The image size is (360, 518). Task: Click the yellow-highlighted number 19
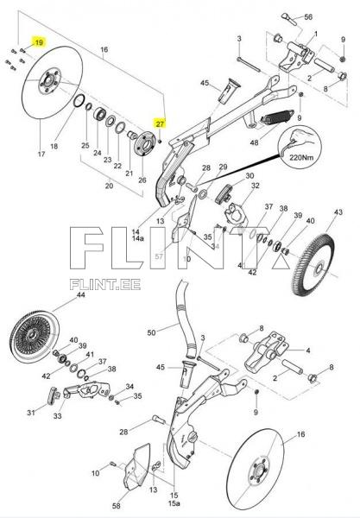coord(38,41)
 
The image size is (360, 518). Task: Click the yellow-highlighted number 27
coord(160,123)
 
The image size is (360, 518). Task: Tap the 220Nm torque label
coord(301,159)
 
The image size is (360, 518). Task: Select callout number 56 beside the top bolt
coord(308,17)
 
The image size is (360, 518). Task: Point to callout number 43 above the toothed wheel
coord(338,212)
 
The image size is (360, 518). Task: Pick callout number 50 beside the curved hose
coord(152,332)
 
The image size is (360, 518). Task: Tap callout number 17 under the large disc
coord(16,155)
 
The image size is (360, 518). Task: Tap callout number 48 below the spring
coord(254,142)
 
